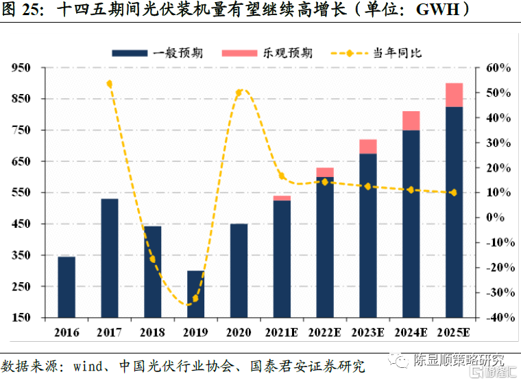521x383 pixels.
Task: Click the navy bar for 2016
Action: [x=66, y=287]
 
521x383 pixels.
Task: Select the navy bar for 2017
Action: [x=110, y=258]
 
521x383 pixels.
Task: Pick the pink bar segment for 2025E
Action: [x=454, y=95]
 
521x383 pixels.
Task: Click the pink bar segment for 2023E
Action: [x=368, y=146]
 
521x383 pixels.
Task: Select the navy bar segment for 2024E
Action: [x=411, y=224]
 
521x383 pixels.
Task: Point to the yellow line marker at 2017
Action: [x=110, y=84]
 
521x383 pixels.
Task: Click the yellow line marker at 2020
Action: [x=239, y=92]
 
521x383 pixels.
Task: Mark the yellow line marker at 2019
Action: [x=195, y=299]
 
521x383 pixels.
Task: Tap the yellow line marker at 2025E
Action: [x=454, y=193]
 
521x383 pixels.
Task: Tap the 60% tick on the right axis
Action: [x=497, y=68]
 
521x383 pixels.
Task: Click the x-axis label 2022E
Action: [x=324, y=333]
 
